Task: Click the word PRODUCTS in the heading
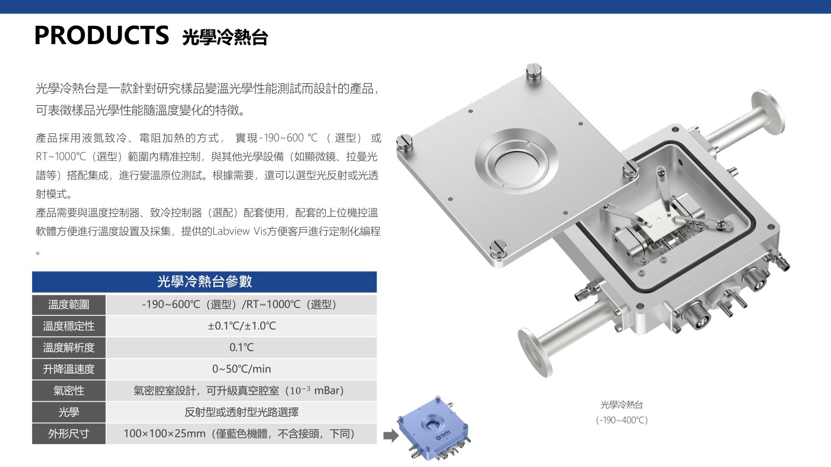(x=101, y=35)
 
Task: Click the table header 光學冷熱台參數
(x=205, y=282)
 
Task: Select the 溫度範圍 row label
(x=69, y=305)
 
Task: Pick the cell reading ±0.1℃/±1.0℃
(x=242, y=326)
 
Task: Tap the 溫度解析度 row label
(x=69, y=348)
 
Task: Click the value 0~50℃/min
(x=242, y=369)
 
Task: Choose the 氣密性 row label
(x=69, y=391)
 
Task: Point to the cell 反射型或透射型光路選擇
(x=242, y=412)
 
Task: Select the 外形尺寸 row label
(x=69, y=434)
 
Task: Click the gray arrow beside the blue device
(x=391, y=436)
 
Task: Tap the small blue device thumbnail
(x=434, y=429)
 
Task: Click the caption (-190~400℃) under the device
(x=622, y=420)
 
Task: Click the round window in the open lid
(x=517, y=162)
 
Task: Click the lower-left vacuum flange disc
(x=534, y=353)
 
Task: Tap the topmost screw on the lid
(x=533, y=71)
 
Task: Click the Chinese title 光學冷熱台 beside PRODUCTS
(x=225, y=37)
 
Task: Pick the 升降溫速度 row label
(x=69, y=369)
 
